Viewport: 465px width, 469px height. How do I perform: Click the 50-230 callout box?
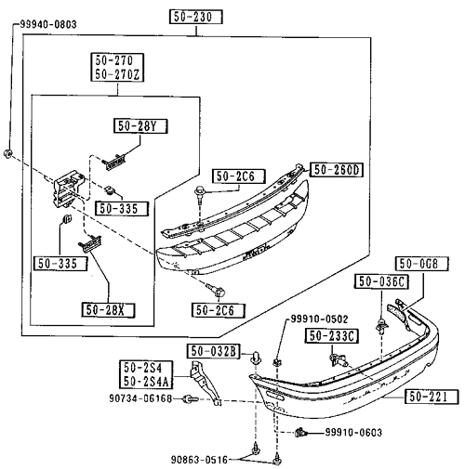(196, 17)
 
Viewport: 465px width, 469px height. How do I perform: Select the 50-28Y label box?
(140, 126)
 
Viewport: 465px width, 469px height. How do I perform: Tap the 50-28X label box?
(108, 310)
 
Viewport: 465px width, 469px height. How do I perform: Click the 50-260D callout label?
(337, 170)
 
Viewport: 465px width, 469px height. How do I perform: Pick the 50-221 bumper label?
(432, 397)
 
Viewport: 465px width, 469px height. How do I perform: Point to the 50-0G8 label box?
(422, 264)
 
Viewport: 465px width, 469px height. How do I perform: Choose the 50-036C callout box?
(381, 281)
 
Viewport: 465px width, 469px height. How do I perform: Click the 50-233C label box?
(332, 336)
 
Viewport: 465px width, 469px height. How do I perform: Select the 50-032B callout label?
(214, 351)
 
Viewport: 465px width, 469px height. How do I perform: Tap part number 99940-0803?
(48, 24)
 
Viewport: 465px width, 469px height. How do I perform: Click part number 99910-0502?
(319, 319)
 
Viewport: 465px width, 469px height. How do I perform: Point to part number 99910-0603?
(353, 432)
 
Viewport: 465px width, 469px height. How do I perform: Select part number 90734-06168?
(140, 398)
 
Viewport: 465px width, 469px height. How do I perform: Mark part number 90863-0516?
(199, 460)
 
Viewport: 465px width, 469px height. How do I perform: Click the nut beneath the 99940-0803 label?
(8, 153)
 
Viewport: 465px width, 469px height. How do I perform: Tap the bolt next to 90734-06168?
(190, 399)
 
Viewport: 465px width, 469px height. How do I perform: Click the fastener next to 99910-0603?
(301, 432)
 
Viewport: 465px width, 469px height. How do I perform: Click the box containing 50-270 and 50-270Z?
(117, 67)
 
